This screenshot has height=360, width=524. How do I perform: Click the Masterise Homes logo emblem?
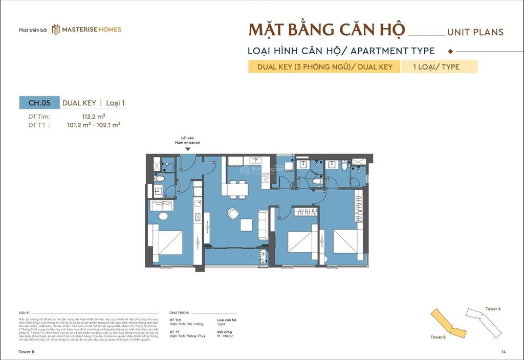[x=56, y=30]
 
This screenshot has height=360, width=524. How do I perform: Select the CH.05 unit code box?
[x=39, y=103]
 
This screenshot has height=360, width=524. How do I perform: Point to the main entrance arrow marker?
[x=187, y=149]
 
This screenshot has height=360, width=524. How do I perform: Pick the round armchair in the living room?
[x=233, y=214]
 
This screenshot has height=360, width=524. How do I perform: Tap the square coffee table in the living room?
[x=246, y=226]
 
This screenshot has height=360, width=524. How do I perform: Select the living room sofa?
[x=262, y=225]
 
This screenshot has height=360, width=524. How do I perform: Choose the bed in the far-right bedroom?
[x=348, y=244]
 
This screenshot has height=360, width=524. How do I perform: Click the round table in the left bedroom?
[x=163, y=216]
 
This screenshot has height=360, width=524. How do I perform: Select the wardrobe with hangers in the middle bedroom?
[x=306, y=211]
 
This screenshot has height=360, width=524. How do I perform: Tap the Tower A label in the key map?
[x=493, y=309]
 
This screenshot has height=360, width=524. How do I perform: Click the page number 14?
[x=504, y=352]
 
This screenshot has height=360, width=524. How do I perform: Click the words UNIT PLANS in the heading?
[x=475, y=32]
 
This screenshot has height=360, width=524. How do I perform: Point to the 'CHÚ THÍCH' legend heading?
[x=179, y=312]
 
